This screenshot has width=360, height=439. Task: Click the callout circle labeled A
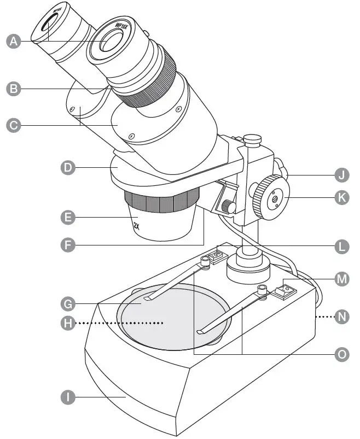point(14,41)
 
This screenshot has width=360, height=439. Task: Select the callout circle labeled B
point(14,89)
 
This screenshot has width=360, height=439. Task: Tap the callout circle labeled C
point(14,125)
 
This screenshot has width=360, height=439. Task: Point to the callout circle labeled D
point(68,167)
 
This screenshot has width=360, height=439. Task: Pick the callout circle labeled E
point(68,217)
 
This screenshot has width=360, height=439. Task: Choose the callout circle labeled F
point(68,245)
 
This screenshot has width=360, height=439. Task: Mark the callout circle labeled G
point(68,302)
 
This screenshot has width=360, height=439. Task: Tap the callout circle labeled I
point(68,397)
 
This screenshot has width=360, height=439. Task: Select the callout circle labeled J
point(341,175)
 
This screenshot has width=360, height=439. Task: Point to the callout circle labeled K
point(341,197)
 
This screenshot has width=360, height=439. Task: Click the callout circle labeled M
point(341,279)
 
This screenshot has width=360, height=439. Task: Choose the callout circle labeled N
point(341,317)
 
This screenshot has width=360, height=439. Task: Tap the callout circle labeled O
point(341,354)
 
